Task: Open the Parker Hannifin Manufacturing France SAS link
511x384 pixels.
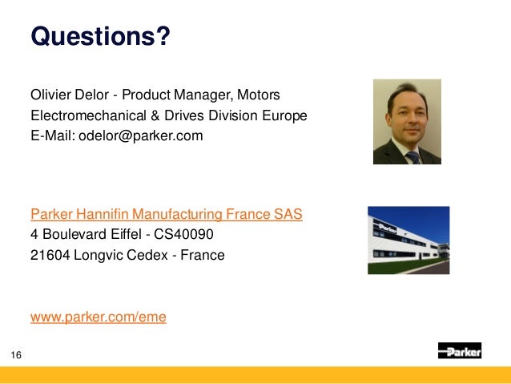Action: tap(166, 216)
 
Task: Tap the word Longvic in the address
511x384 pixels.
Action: tap(97, 256)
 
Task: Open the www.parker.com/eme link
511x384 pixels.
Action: tap(99, 317)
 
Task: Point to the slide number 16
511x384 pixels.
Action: tap(16, 354)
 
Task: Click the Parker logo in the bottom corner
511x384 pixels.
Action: tap(459, 351)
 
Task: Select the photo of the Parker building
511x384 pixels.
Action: tap(408, 241)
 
